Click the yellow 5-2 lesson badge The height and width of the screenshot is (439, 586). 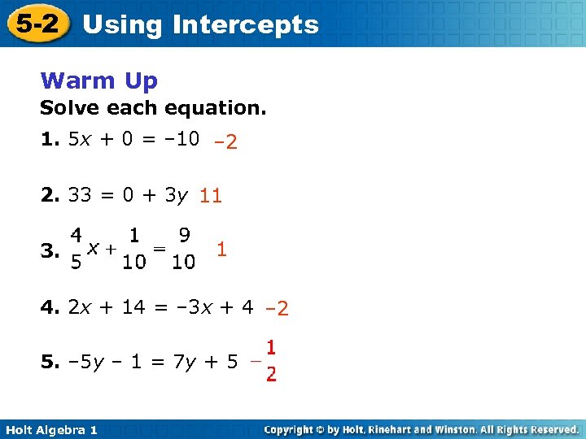38,24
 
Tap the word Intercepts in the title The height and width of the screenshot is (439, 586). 246,24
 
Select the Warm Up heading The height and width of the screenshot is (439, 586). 98,80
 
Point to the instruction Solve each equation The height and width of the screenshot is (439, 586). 153,108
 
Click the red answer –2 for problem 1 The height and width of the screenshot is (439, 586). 225,142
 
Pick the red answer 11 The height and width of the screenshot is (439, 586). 211,196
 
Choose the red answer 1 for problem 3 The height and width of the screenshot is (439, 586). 221,250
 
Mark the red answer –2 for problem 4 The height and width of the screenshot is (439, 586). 277,309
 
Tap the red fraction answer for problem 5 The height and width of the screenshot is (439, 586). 267,361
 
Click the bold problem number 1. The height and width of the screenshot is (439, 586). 50,139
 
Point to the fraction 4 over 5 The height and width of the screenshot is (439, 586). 75,249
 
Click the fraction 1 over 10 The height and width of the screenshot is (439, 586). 134,249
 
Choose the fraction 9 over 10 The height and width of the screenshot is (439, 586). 184,249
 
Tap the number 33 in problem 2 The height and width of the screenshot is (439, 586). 80,195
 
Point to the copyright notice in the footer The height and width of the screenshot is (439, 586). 422,429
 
